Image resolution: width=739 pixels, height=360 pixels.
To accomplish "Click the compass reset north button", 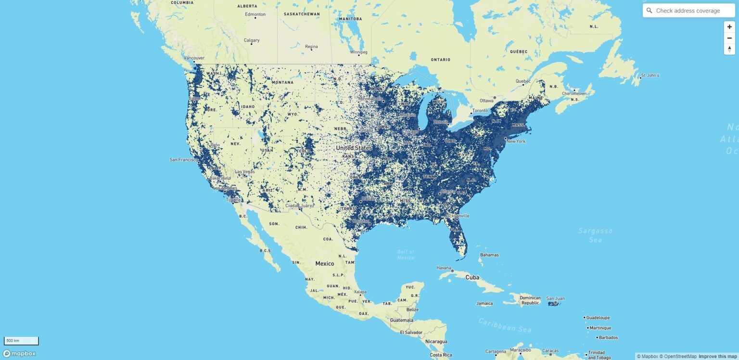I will coord(729,49).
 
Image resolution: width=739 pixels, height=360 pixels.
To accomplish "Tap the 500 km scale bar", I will coord(21,341).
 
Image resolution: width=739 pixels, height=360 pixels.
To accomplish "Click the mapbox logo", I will coord(19,354).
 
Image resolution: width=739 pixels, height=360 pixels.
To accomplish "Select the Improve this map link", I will coord(717,357).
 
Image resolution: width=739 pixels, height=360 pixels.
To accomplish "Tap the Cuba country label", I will coord(472,278).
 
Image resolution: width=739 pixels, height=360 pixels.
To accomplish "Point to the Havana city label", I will coord(444,268).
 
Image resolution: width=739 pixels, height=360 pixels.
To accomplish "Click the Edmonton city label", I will coord(255,14).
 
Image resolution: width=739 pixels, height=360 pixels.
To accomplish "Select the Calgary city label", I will coord(252,40).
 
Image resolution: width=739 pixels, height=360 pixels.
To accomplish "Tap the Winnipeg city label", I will coord(358,52).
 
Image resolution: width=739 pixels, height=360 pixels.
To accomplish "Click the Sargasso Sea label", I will coord(595,235).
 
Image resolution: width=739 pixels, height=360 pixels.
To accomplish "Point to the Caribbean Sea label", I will coord(505,325).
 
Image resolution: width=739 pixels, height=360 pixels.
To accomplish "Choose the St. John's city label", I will coord(650,76).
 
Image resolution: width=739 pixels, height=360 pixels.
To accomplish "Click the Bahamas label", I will coord(489,255).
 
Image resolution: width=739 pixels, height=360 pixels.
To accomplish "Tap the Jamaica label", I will coord(484,304).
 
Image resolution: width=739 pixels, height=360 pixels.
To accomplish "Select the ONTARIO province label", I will coord(440,60).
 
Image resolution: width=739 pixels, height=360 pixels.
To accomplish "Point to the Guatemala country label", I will coord(402,320).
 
